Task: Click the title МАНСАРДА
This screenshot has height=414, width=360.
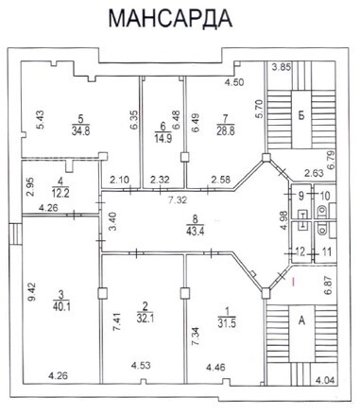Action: click(x=170, y=18)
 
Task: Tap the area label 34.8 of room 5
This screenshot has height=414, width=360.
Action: click(x=80, y=130)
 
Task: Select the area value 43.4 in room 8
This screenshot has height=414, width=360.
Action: click(x=195, y=231)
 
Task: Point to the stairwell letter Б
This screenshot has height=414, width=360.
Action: click(x=301, y=115)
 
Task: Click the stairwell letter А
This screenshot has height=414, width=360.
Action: click(x=301, y=320)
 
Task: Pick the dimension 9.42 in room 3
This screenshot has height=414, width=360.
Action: click(x=32, y=292)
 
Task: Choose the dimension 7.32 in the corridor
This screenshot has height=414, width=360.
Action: click(x=178, y=200)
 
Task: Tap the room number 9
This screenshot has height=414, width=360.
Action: click(x=301, y=196)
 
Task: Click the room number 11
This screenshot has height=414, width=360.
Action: click(x=327, y=252)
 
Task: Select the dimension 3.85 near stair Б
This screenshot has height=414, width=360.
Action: click(x=283, y=67)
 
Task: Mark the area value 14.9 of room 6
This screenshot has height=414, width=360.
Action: click(x=163, y=138)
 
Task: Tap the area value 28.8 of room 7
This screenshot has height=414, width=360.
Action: click(x=226, y=130)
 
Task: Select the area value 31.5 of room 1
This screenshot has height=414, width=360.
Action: click(x=227, y=323)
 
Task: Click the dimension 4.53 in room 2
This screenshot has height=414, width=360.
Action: click(x=141, y=366)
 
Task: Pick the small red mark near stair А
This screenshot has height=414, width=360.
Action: click(x=293, y=282)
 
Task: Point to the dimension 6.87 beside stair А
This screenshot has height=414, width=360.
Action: click(x=331, y=285)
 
